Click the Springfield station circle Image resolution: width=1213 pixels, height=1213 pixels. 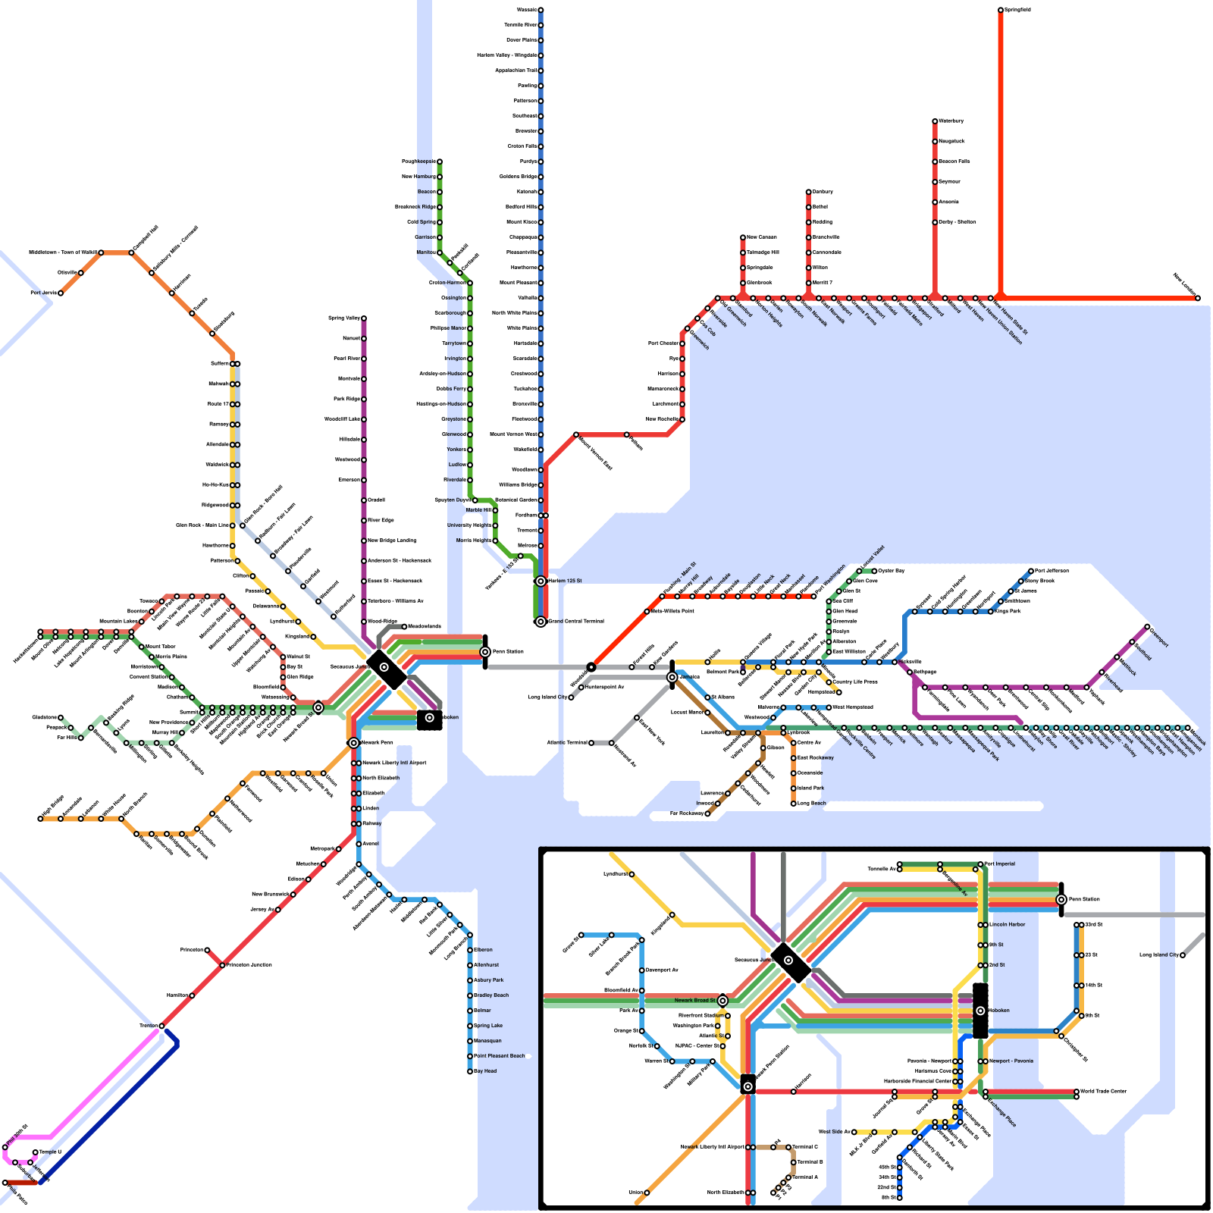click(x=1001, y=10)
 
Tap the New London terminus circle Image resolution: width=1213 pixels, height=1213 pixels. click(x=1198, y=298)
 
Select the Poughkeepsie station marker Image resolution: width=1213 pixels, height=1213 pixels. click(x=439, y=161)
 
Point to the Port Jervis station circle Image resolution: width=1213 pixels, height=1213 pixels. click(x=61, y=293)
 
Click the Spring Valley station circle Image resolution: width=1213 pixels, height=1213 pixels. click(x=364, y=318)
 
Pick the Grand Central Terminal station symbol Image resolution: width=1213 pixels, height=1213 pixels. click(x=541, y=622)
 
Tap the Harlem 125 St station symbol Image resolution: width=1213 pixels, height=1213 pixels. click(x=541, y=581)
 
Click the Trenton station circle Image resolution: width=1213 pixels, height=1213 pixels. click(x=161, y=1026)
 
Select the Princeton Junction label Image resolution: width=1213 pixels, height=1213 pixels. click(x=249, y=965)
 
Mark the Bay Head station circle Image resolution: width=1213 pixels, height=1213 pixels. click(x=470, y=1071)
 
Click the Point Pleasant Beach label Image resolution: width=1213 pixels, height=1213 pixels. click(x=500, y=1056)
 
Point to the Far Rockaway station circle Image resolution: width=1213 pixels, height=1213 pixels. click(x=707, y=813)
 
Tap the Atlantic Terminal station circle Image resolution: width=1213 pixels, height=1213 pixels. click(x=591, y=743)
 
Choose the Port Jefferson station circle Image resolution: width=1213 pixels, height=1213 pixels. click(x=1031, y=571)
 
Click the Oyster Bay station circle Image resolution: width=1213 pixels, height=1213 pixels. click(x=874, y=571)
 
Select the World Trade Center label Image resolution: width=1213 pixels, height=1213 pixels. click(x=1104, y=1092)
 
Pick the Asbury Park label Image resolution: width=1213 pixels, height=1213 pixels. click(x=489, y=980)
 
